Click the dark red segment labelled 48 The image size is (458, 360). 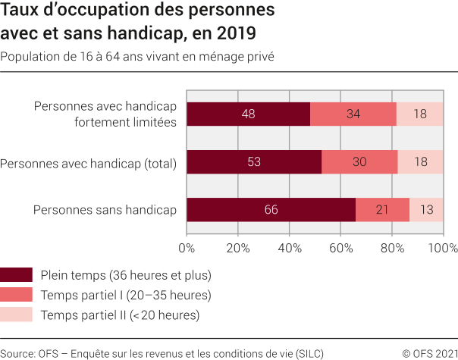[x=248, y=114]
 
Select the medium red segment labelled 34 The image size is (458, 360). [x=353, y=114]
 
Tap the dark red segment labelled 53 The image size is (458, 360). [x=254, y=162]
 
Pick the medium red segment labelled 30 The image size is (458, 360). [x=359, y=162]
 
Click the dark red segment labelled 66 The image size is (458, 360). [x=271, y=210]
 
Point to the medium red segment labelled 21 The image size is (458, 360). [x=382, y=210]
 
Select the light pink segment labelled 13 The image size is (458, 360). [x=427, y=210]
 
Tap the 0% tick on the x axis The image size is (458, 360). [x=187, y=247]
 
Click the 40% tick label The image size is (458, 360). [x=289, y=247]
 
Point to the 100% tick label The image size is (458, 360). [x=442, y=247]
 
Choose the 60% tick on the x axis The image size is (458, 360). [x=340, y=247]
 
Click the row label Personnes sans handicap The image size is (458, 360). [x=105, y=210]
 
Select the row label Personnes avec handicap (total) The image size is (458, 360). [x=89, y=162]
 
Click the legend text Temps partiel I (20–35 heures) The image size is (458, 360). [x=125, y=295]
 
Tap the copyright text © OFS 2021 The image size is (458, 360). [x=429, y=352]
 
